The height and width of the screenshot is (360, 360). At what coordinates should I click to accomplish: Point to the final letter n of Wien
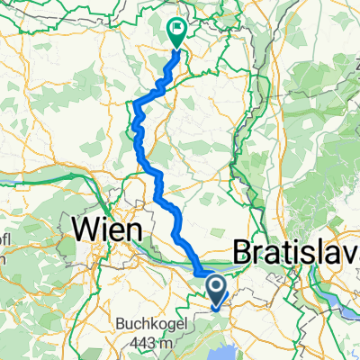coord(132,229)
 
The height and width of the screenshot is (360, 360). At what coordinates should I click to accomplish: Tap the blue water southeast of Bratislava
coord(346,306)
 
